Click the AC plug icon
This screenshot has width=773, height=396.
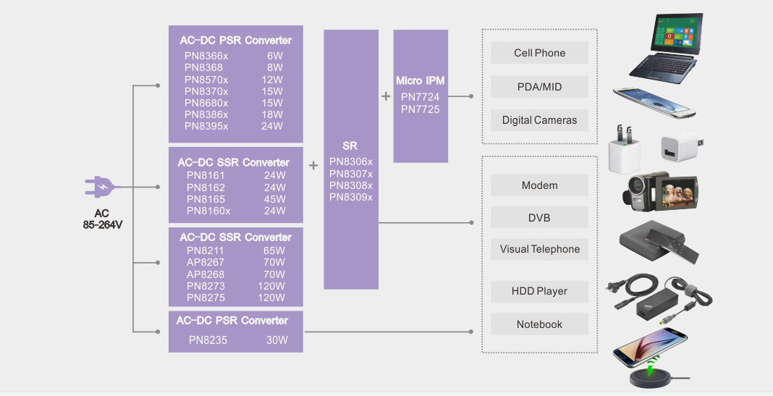(x=100, y=188)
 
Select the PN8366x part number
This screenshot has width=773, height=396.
(x=206, y=56)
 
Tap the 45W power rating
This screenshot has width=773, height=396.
(x=275, y=199)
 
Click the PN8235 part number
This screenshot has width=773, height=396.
(x=208, y=340)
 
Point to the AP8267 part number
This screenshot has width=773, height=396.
(x=206, y=263)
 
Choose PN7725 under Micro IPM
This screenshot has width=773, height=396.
(x=420, y=109)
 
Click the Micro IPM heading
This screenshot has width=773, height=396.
(x=421, y=80)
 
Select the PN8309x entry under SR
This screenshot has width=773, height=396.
(x=351, y=197)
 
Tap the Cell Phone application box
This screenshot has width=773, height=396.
(x=539, y=53)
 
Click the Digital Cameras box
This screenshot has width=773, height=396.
(x=539, y=120)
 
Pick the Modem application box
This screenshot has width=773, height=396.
(x=539, y=185)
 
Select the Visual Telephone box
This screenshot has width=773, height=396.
(x=539, y=249)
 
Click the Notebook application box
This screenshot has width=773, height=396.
(x=539, y=324)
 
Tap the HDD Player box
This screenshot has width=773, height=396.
(x=539, y=291)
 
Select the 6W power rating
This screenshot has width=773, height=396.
(x=274, y=56)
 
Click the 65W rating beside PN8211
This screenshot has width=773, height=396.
(x=274, y=251)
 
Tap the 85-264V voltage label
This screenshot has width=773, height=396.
(x=102, y=224)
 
